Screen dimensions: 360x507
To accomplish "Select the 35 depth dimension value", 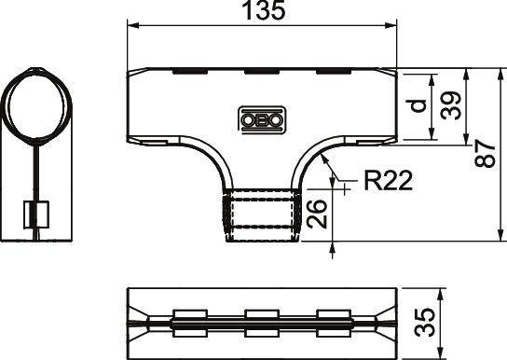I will point(424,324).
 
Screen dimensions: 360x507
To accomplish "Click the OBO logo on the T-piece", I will point(262,118).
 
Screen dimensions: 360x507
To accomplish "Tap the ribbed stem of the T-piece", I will point(262,215).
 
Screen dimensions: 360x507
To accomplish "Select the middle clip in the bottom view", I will point(262,323).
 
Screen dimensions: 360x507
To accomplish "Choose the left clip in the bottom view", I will point(189,323).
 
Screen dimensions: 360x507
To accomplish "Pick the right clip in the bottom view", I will point(335,323).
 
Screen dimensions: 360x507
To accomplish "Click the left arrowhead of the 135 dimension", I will point(131,26).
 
